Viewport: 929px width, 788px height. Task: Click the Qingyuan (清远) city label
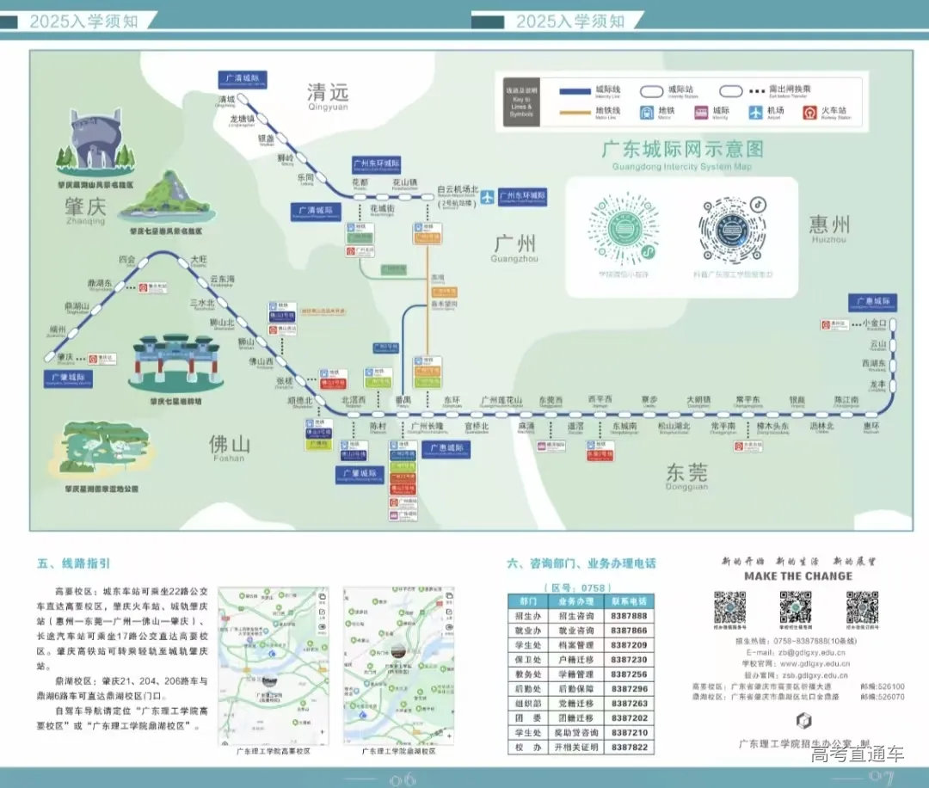point(328,92)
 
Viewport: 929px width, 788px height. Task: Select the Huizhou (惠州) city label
point(828,225)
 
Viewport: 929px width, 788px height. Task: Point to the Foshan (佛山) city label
point(230,444)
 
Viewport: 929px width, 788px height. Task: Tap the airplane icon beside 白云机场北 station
point(488,196)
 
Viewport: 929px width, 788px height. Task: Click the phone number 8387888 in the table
point(629,616)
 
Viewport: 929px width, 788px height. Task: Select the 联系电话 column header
point(629,601)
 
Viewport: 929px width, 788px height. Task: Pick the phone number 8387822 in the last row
point(629,748)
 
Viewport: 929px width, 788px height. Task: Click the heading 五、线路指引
point(73,564)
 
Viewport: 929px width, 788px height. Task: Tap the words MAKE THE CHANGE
point(797,576)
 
